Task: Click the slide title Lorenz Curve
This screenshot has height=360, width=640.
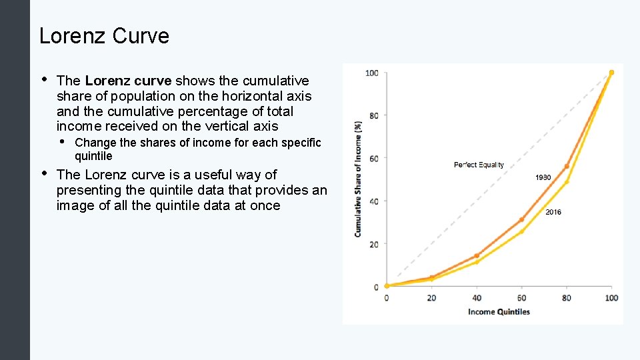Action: [x=104, y=36]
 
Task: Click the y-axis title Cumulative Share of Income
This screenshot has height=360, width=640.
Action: [x=358, y=179]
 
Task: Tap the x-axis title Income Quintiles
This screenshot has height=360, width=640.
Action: [x=499, y=311]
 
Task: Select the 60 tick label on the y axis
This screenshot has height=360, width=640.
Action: [x=373, y=159]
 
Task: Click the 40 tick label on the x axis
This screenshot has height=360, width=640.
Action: [x=476, y=297]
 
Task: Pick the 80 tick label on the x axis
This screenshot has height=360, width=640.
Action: [x=566, y=297]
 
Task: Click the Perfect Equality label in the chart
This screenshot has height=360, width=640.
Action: [x=479, y=165]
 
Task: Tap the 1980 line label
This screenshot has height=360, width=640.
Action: [x=543, y=177]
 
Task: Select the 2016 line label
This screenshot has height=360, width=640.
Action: [x=553, y=212]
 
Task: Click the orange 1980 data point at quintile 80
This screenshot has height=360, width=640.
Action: [x=567, y=166]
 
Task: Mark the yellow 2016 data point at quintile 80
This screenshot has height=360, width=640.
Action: [x=567, y=181]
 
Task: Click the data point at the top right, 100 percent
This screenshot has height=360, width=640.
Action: [x=611, y=73]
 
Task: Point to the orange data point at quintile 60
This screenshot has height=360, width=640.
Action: [x=521, y=219]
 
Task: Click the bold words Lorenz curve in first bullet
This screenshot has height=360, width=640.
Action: [x=128, y=81]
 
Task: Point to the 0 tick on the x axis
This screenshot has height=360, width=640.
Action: [x=387, y=297]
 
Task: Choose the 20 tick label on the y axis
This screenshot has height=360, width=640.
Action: [x=373, y=245]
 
